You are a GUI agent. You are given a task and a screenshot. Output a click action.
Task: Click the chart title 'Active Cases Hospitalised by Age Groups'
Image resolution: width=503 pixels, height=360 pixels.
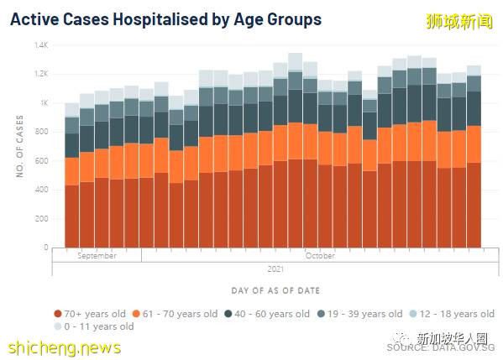[x=165, y=18]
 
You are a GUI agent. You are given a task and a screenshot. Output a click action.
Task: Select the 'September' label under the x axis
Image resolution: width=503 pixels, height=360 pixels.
[x=97, y=255]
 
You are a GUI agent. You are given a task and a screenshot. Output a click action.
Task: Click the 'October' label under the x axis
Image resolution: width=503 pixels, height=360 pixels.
[x=319, y=255]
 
